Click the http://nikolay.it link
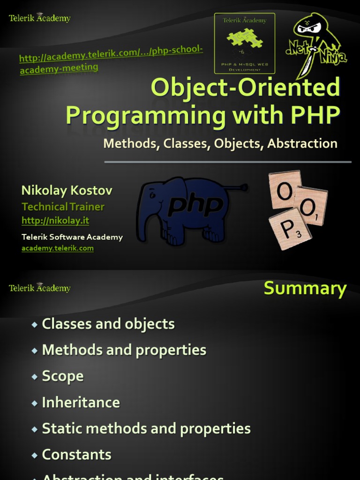click(55, 220)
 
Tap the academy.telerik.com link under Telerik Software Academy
click(58, 248)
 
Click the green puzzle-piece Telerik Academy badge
click(244, 43)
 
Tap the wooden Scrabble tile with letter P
click(289, 229)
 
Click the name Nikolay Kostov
click(67, 190)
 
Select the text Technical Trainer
click(63, 206)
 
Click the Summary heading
click(305, 288)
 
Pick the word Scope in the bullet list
click(63, 376)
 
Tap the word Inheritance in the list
click(81, 402)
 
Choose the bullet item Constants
click(76, 454)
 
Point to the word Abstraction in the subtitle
click(302, 143)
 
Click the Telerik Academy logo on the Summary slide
click(40, 288)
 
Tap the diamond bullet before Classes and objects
click(34, 324)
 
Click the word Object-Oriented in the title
click(245, 87)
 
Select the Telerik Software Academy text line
click(72, 237)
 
